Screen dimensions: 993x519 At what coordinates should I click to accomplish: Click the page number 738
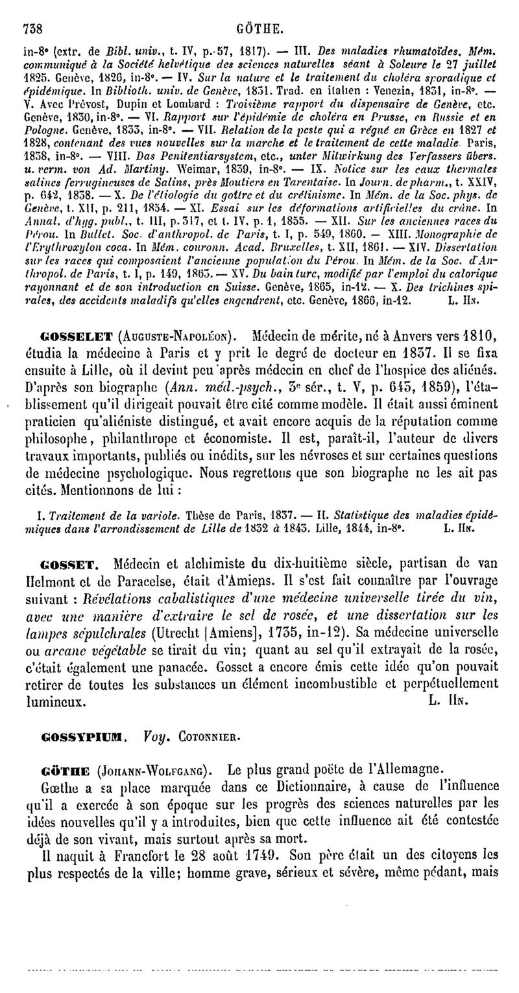[32, 10]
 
